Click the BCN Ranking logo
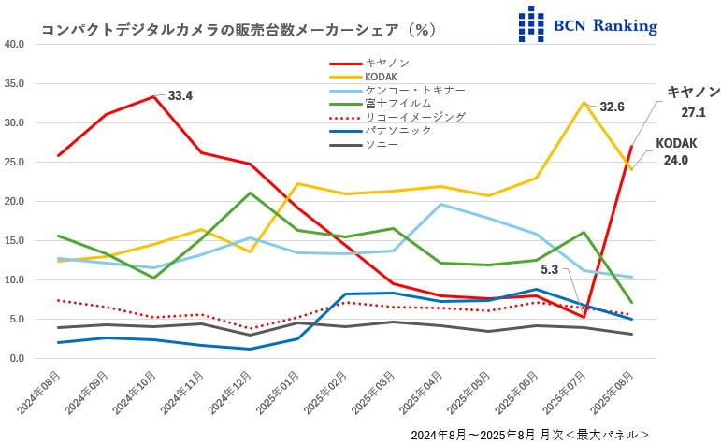(x=587, y=24)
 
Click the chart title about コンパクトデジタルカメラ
(x=238, y=30)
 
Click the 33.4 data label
(x=180, y=95)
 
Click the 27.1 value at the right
(x=693, y=112)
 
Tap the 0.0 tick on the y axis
(x=17, y=358)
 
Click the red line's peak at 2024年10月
(x=153, y=96)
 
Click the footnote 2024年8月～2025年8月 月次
(x=528, y=435)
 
